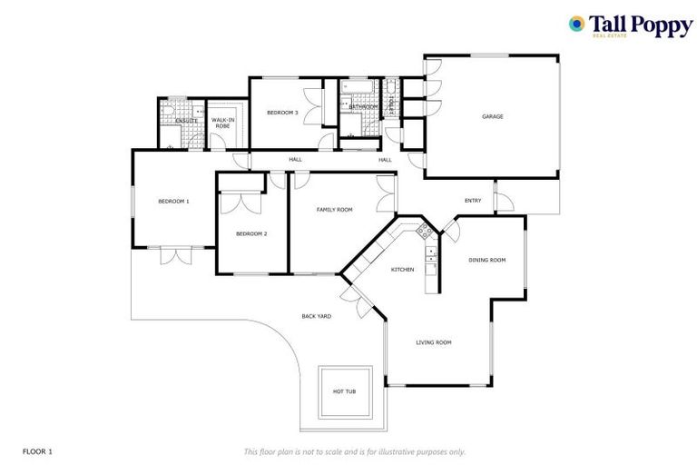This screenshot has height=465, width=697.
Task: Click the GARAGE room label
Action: pos(492,116)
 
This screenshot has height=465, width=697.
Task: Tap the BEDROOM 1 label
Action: pos(173,201)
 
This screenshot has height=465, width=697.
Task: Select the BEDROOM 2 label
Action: pos(251,233)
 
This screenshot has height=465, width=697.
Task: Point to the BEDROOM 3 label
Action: pos(281,112)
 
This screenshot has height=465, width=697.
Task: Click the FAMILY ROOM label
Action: pos(334,210)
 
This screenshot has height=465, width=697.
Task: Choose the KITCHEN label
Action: pos(402,270)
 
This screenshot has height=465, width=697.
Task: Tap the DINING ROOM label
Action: pos(486,260)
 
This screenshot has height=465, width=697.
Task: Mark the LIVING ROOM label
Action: pos(433,342)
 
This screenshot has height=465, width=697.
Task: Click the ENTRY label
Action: pos(473,201)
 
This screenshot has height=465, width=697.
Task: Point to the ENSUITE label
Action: pos(187,120)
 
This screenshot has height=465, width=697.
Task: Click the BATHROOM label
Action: pos(363,107)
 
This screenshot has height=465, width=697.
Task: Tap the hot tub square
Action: pos(345,391)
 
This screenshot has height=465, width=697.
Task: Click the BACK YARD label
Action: pos(316,316)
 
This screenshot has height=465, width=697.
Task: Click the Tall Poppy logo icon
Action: pos(576,24)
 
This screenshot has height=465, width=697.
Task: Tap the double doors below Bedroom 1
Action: pos(175,255)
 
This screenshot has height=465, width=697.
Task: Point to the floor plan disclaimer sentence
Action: pos(355,451)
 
